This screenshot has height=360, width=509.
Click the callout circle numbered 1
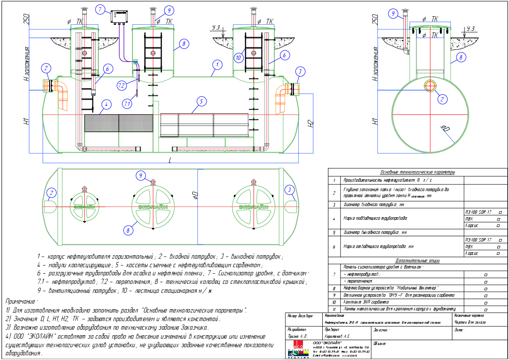(218, 65)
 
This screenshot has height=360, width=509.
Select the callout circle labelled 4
(106, 104)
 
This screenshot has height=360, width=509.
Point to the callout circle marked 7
(100, 9)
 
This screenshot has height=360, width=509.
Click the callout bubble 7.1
(127, 103)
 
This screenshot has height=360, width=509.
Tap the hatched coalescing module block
(118, 123)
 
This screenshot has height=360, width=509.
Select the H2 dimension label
(311, 124)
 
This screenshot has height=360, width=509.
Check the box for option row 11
(486, 309)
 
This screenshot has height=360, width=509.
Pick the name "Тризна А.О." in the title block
(298, 336)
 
